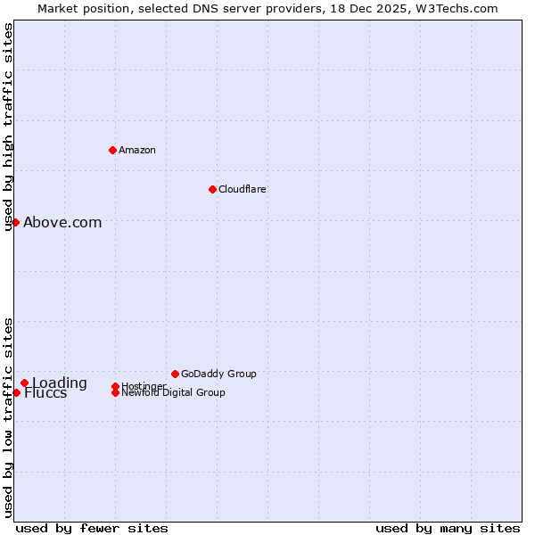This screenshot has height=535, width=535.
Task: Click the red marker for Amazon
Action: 112,150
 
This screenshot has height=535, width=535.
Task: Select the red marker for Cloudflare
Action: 212,189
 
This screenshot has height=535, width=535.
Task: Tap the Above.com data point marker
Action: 16,222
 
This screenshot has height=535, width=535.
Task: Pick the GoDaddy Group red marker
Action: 175,374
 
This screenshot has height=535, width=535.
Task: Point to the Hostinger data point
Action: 115,386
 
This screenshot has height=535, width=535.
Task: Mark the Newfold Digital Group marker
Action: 115,392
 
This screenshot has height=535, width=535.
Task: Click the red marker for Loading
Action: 25,383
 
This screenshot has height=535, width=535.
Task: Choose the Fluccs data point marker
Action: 16,392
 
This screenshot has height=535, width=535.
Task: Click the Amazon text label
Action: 136,150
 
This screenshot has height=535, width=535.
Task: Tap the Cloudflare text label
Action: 242,189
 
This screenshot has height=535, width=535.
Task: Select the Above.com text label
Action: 62,223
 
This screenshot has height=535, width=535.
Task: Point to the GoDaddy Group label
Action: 218,374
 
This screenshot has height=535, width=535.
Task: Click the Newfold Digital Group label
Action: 173,392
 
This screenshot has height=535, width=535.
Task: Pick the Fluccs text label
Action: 45,394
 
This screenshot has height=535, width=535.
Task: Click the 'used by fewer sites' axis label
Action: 92,528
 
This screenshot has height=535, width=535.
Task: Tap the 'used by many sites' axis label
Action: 448,528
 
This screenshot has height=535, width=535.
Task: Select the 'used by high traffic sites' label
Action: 8,127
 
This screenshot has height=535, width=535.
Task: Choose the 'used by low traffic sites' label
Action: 8,417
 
